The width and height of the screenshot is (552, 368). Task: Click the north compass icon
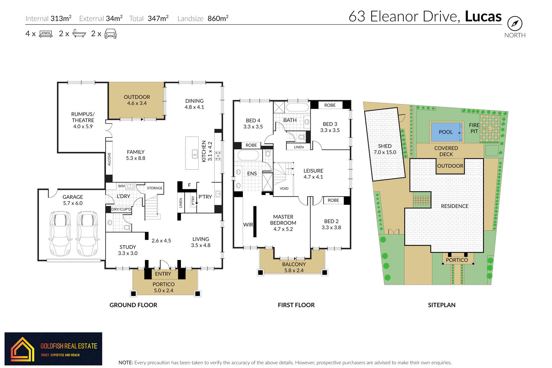[515, 23]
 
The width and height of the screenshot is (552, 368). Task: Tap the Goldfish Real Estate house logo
[22, 349]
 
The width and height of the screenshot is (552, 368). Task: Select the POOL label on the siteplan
[446, 132]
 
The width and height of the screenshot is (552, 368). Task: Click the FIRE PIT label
[474, 128]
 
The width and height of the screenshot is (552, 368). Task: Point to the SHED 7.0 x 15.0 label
[385, 149]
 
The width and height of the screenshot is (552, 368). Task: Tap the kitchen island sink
[195, 154]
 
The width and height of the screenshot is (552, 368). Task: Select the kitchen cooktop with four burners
[218, 156]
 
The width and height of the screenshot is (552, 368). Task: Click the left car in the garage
[60, 234]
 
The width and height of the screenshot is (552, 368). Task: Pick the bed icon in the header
[46, 34]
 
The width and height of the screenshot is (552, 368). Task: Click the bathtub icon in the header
[79, 33]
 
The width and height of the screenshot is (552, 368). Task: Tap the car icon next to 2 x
[110, 34]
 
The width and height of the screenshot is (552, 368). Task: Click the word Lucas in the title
[483, 16]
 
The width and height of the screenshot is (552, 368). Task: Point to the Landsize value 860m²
[218, 18]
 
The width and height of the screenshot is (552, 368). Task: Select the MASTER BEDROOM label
[283, 220]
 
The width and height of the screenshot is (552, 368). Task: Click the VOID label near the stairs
[284, 188]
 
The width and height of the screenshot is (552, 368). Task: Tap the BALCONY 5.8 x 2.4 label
[294, 267]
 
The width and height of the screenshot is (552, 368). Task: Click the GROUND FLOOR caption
[133, 305]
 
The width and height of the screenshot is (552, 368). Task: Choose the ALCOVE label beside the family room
[109, 159]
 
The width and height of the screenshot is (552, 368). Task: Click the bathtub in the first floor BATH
[298, 107]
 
